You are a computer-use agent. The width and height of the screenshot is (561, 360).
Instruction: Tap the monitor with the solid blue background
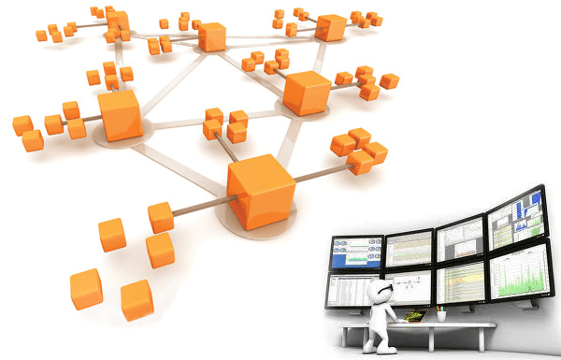tap(356, 251)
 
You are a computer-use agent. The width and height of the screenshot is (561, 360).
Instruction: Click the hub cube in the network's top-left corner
tap(118, 23)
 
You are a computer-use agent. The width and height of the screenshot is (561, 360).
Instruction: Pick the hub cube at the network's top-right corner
tap(331, 28)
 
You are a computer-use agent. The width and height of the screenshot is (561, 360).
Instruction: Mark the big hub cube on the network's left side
tap(118, 116)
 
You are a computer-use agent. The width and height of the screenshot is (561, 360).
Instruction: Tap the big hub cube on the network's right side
tap(305, 92)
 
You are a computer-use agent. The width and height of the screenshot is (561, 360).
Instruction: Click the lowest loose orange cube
tap(137, 299)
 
